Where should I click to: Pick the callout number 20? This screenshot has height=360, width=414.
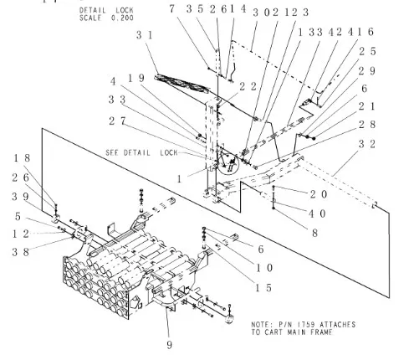[294, 193]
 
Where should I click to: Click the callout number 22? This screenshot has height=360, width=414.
[224, 85]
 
